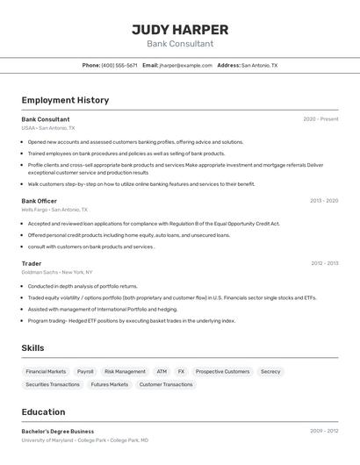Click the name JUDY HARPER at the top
tap(180, 29)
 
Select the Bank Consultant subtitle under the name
tap(180, 43)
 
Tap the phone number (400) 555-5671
tap(119, 65)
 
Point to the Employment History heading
tap(65, 100)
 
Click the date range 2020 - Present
tap(320, 119)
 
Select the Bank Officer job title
tap(40, 201)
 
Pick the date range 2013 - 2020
tap(323, 201)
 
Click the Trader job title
tap(32, 263)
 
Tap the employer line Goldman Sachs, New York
tap(57, 272)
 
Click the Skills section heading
tap(33, 348)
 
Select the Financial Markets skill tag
tap(46, 371)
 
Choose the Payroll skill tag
tap(85, 371)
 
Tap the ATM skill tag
tap(162, 371)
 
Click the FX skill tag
tap(181, 371)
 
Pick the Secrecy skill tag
tap(270, 371)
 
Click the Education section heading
tap(43, 411)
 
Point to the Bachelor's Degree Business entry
tap(58, 432)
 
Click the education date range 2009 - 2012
tap(323, 432)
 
